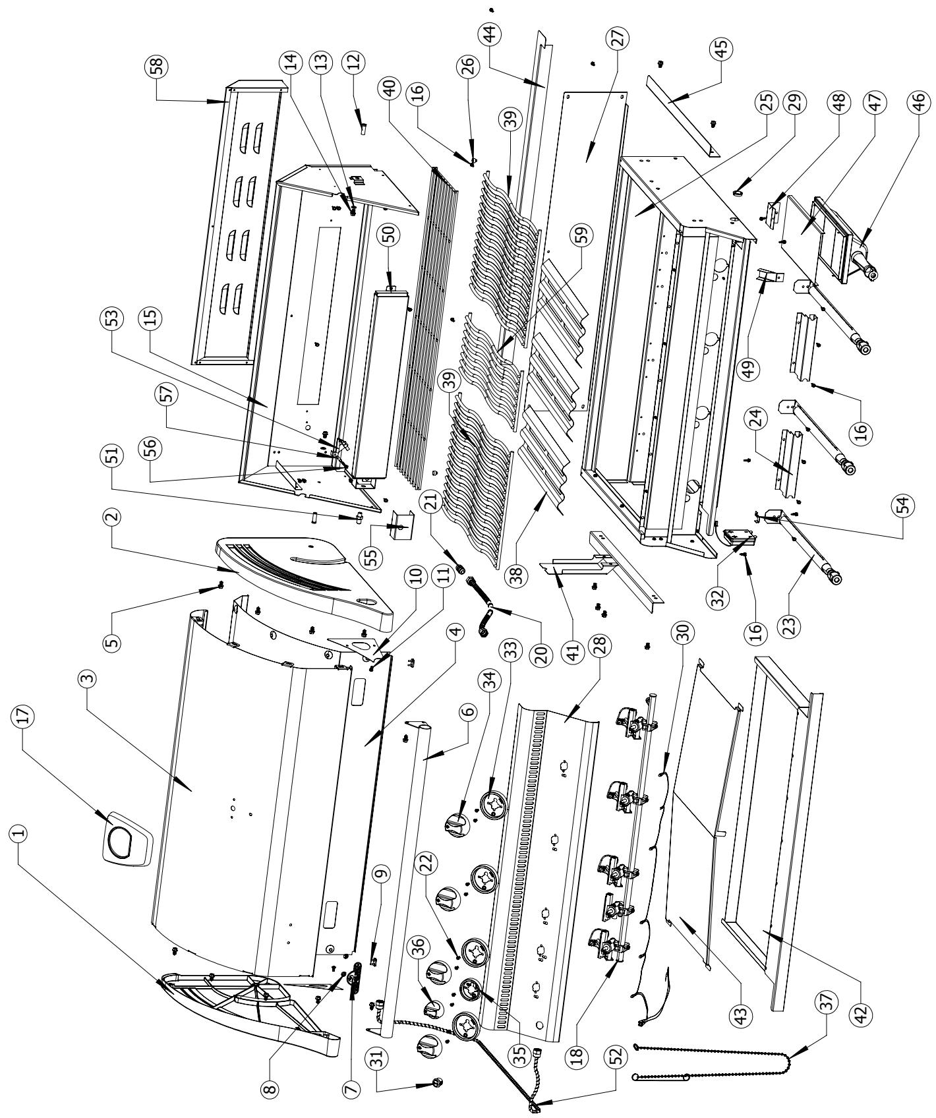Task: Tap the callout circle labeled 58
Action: click(158, 67)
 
